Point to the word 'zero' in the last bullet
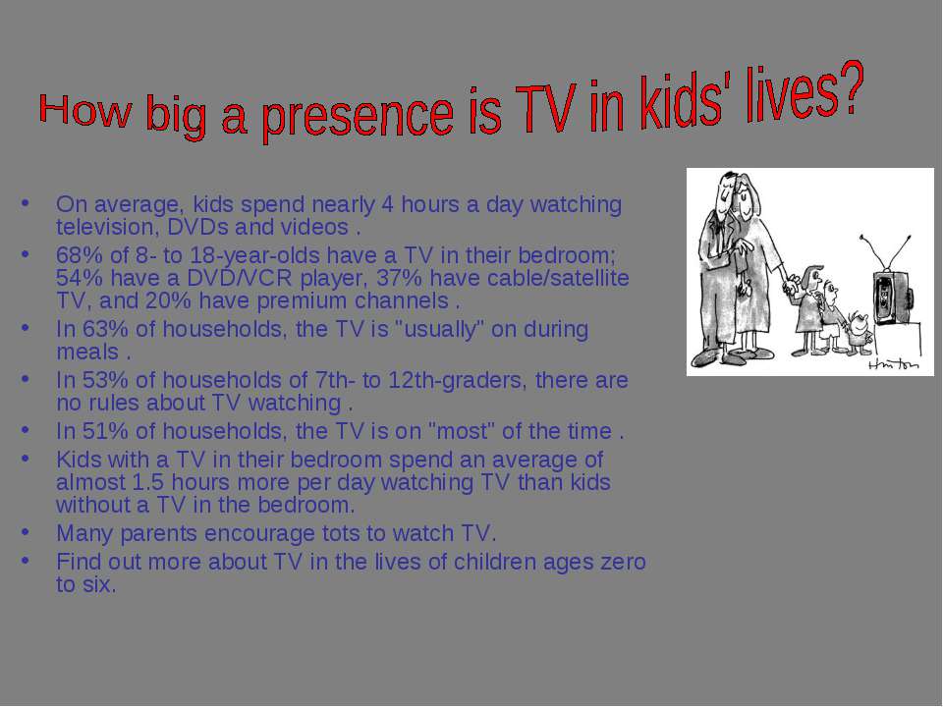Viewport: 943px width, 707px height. tap(623, 562)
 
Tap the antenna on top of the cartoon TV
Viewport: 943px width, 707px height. tap(886, 253)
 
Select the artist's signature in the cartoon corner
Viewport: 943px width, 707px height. tap(894, 363)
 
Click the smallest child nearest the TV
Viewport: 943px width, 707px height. tap(859, 333)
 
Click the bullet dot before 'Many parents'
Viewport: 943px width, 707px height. tap(25, 532)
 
